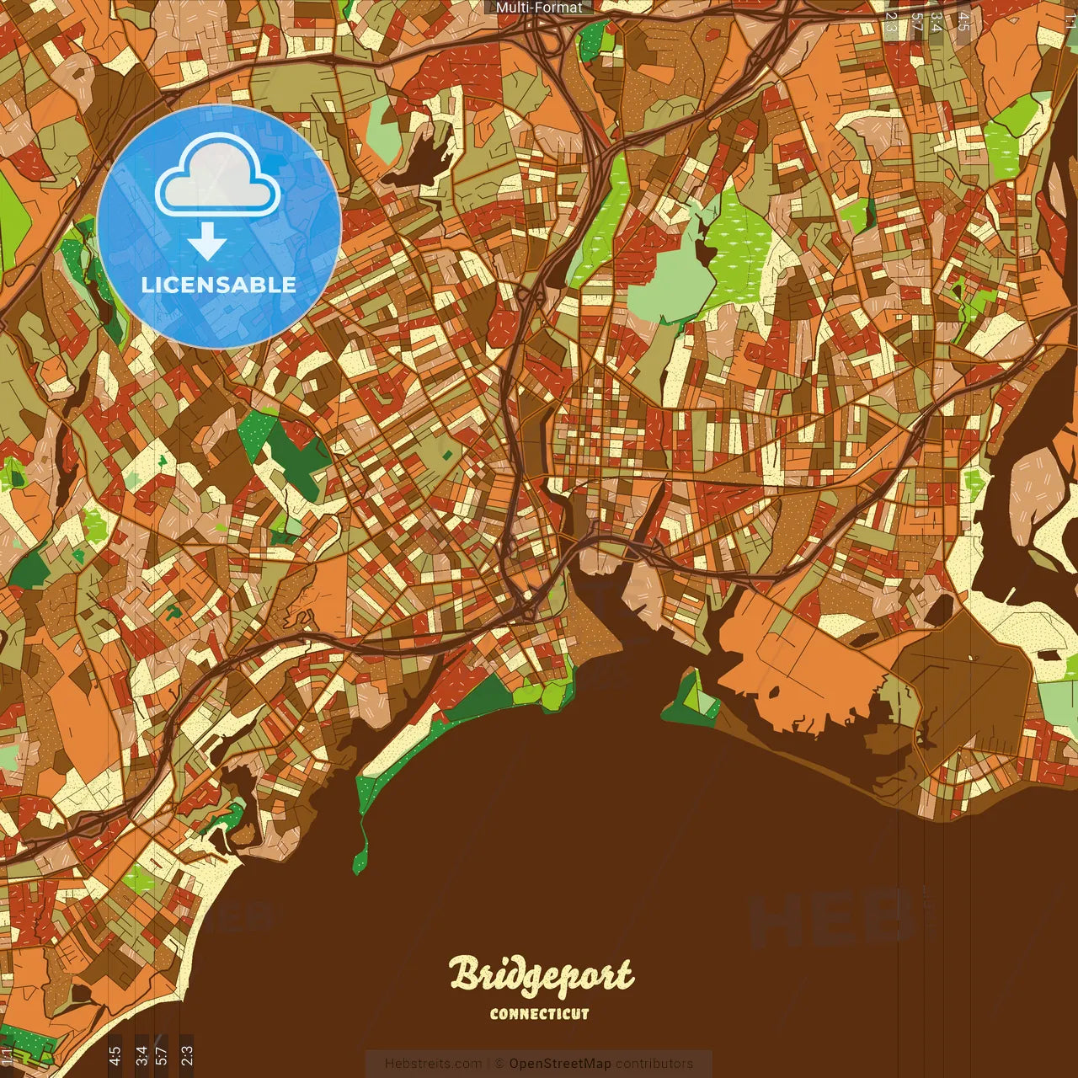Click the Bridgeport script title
[x=541, y=975]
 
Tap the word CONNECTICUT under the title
[x=540, y=1014]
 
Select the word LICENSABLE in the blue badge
[x=219, y=285]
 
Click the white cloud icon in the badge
[x=218, y=177]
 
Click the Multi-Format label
[x=539, y=8]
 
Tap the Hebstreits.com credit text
[x=433, y=1064]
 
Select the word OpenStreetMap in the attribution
[x=559, y=1064]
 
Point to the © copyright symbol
[x=499, y=1064]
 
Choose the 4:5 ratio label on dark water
[x=115, y=1054]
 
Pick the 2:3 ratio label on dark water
[x=187, y=1054]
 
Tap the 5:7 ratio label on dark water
[x=162, y=1054]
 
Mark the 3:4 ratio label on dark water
[x=141, y=1054]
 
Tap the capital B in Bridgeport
[x=464, y=974]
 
